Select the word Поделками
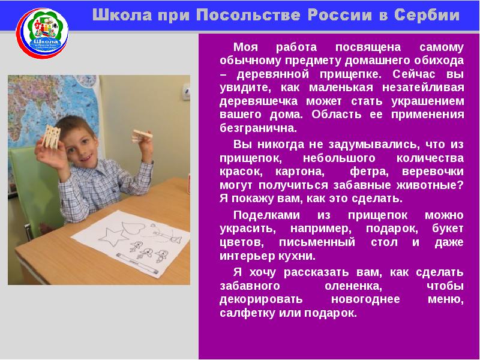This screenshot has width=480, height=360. click(x=262, y=215)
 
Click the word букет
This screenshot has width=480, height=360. click(x=447, y=229)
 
